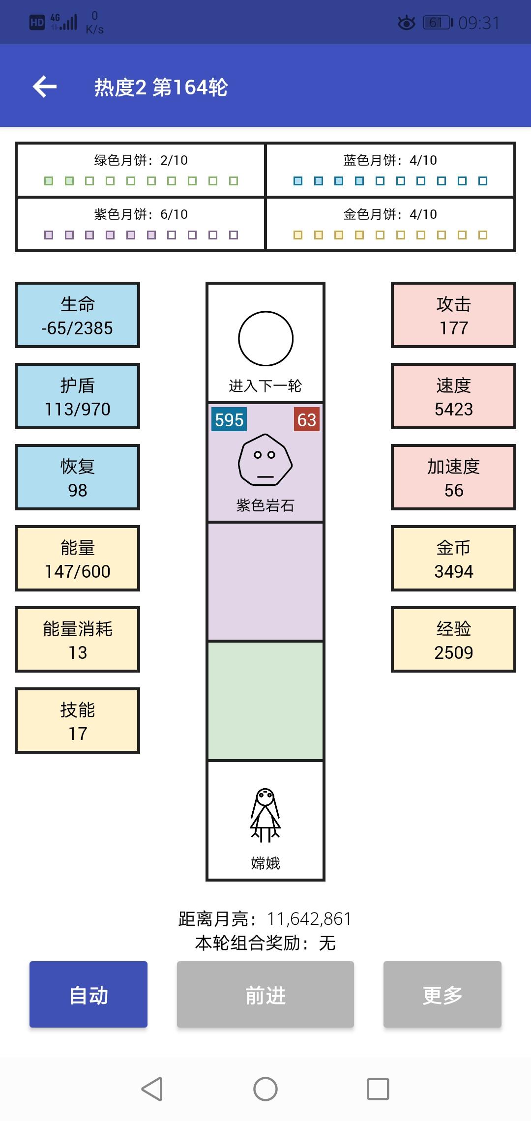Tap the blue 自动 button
(x=88, y=994)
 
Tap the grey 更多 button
(x=442, y=994)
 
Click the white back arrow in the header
(x=45, y=87)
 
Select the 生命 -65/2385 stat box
(x=78, y=315)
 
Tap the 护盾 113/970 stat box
(x=78, y=396)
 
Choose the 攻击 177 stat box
(x=453, y=315)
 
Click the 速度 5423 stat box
(x=453, y=396)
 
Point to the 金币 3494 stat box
(x=453, y=559)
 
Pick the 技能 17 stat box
(x=78, y=721)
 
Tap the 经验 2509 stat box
(x=453, y=640)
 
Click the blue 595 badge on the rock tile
(x=229, y=419)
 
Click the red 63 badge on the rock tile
(x=307, y=419)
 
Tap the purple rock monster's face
(x=265, y=460)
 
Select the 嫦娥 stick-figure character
(x=265, y=815)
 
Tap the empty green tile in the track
(x=265, y=701)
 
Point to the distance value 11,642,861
(x=309, y=918)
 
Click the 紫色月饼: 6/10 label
(x=141, y=214)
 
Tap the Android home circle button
(x=265, y=1089)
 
